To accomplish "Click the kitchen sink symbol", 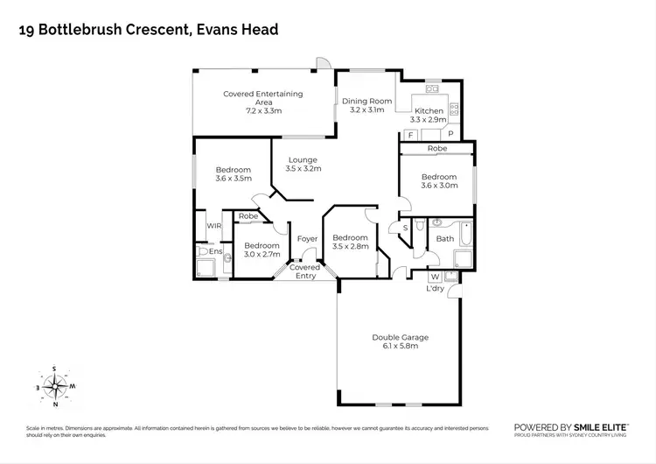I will point(431,88).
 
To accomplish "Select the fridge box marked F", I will point(410,135).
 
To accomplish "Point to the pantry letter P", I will point(450,135).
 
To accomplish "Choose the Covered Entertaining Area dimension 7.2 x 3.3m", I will point(262,111).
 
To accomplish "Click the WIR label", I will point(213,226).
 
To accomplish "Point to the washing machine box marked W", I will point(435,277).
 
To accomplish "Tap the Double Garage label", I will point(400,337).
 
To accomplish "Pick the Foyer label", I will point(306,238).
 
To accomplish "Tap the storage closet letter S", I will point(404,228).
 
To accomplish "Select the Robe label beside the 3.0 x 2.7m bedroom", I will point(248,216).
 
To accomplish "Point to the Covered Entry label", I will point(305,271).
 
